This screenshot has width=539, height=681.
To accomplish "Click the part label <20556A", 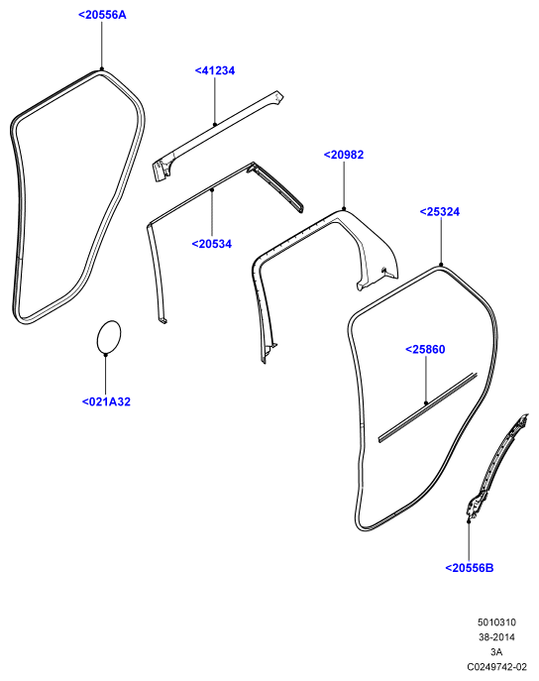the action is [x=102, y=15].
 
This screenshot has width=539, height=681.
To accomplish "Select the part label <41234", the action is [x=215, y=70].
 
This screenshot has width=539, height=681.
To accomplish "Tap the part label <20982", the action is [x=344, y=155].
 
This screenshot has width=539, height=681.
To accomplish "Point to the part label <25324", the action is [x=440, y=211].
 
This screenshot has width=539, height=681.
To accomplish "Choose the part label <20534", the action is [x=212, y=244].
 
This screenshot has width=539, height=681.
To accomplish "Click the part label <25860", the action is [x=425, y=349].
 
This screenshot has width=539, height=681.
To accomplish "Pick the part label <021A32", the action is [x=106, y=401].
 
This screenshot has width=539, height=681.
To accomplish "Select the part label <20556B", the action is [x=470, y=568].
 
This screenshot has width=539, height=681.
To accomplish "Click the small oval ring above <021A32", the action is [x=96, y=338].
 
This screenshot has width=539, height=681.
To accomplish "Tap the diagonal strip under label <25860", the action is [x=427, y=407].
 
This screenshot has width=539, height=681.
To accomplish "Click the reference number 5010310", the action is [x=497, y=623].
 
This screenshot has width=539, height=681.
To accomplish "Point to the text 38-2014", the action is [x=497, y=637].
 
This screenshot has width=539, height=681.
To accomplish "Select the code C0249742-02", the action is [x=497, y=667].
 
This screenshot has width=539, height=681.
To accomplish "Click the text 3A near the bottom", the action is [x=496, y=652].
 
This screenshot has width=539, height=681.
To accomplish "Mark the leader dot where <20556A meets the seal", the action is [x=102, y=68].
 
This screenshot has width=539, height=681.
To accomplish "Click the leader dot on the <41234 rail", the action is [x=215, y=125].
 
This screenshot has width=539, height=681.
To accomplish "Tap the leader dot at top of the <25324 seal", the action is [x=441, y=265].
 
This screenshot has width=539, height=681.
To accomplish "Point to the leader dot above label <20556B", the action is [x=469, y=520].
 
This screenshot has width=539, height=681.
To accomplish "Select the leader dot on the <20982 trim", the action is [x=344, y=209].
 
